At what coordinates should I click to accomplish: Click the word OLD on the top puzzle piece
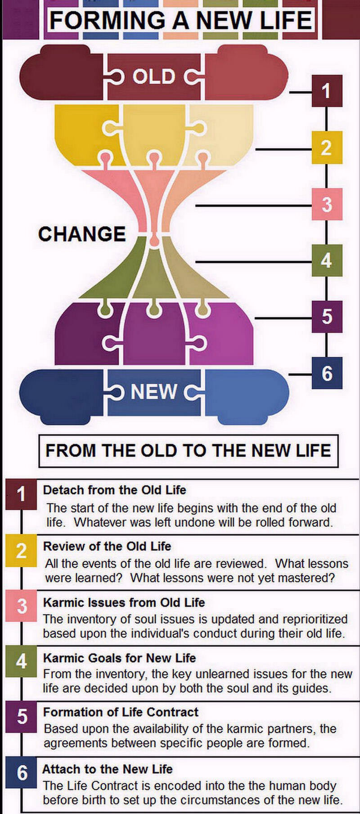tap(154, 77)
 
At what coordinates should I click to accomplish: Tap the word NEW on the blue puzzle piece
tap(154, 392)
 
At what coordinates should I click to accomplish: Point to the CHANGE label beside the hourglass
tap(82, 234)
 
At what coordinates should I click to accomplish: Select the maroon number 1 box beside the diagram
tap(327, 91)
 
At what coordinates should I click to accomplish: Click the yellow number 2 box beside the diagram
tap(327, 148)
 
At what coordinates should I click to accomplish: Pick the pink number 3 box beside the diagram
tap(327, 204)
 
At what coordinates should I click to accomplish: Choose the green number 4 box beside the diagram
tap(327, 260)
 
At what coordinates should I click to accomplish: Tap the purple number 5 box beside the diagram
tap(327, 317)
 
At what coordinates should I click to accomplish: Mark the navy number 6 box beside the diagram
tap(327, 373)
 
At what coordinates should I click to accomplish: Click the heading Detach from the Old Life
tap(114, 490)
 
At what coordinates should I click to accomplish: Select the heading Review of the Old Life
tap(107, 546)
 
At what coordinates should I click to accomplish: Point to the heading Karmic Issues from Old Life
tap(124, 602)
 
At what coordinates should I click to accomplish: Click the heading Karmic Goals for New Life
tap(119, 658)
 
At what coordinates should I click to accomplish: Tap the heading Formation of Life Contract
tap(121, 712)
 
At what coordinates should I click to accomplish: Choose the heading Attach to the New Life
tap(108, 769)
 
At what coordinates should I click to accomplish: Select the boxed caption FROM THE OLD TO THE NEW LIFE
tap(189, 451)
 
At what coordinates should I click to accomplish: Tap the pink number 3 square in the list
tap(22, 606)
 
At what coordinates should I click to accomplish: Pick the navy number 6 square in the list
tap(22, 773)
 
